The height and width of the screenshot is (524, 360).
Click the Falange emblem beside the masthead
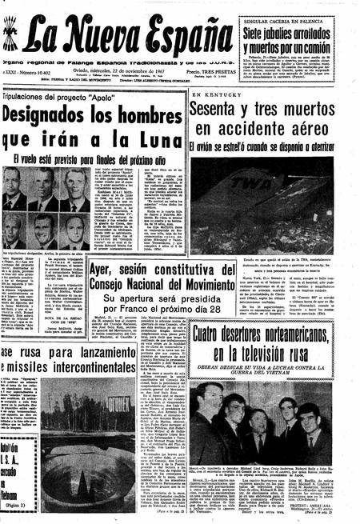(x=10, y=36)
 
